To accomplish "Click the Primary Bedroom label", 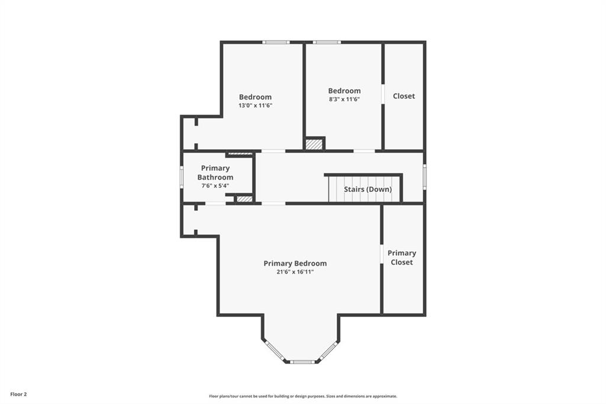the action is point(295,264).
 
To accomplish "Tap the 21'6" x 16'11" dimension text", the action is point(295,272).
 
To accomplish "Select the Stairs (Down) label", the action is point(368,189).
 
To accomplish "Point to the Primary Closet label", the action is point(402,257).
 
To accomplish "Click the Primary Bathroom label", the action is point(215,172).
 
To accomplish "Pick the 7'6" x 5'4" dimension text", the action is point(215,186).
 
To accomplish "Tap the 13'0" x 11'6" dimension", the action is point(256,105).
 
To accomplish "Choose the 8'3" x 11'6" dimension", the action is point(344,99).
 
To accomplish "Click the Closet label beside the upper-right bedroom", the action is point(404,96).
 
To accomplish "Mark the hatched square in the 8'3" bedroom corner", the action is point(314,144).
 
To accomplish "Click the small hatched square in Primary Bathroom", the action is point(244,199).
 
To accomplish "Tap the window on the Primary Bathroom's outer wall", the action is point(182,177).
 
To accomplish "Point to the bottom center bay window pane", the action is point(302,362).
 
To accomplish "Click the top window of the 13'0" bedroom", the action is point(276,42).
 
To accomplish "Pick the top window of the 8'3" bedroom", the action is point(327,42).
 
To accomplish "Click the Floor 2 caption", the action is point(18,395).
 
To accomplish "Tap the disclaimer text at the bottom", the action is point(303,396).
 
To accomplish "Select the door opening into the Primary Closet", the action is point(382,255).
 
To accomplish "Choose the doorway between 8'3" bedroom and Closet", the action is point(383,94).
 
